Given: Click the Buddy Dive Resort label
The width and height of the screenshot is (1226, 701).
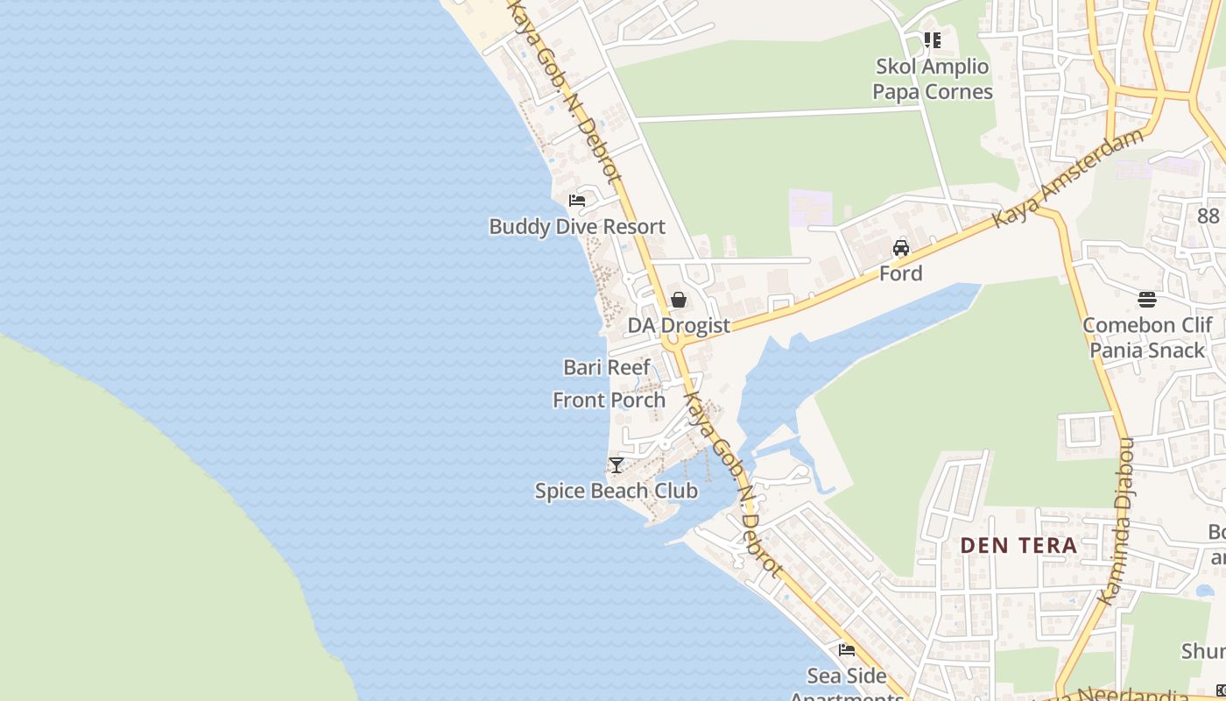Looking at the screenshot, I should [577, 226].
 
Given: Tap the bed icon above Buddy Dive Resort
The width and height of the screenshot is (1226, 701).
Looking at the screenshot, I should [577, 200].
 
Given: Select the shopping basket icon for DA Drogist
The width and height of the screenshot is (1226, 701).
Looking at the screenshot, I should [678, 300].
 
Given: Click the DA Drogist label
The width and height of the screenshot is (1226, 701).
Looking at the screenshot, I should [679, 325].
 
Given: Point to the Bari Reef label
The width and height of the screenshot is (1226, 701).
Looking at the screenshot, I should [607, 367].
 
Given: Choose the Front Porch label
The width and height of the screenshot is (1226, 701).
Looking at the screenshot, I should [609, 400].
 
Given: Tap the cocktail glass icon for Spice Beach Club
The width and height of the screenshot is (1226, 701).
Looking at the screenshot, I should [617, 464].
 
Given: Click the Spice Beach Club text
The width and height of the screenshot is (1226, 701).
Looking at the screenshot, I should [617, 491].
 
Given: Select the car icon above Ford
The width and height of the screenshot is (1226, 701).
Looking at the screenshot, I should [901, 247].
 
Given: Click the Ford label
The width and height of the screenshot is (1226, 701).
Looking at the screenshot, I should [901, 273].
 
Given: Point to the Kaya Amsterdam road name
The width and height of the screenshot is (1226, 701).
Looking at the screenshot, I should [1069, 179].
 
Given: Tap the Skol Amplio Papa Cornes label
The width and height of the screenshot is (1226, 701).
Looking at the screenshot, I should [933, 79].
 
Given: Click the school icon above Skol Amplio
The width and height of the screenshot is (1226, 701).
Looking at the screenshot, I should [933, 40].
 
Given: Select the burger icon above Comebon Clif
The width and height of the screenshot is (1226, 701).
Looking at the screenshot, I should [1147, 300].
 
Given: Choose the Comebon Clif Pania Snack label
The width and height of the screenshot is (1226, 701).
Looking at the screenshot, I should [1147, 337].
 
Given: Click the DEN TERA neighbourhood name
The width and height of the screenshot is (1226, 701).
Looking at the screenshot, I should [1018, 545].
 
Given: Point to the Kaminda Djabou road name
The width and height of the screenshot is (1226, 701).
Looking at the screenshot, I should [1116, 521].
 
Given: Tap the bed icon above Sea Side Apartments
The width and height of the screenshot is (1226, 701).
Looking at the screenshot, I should [847, 650].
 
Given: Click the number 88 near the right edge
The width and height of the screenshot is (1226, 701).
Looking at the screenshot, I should [1208, 216].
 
